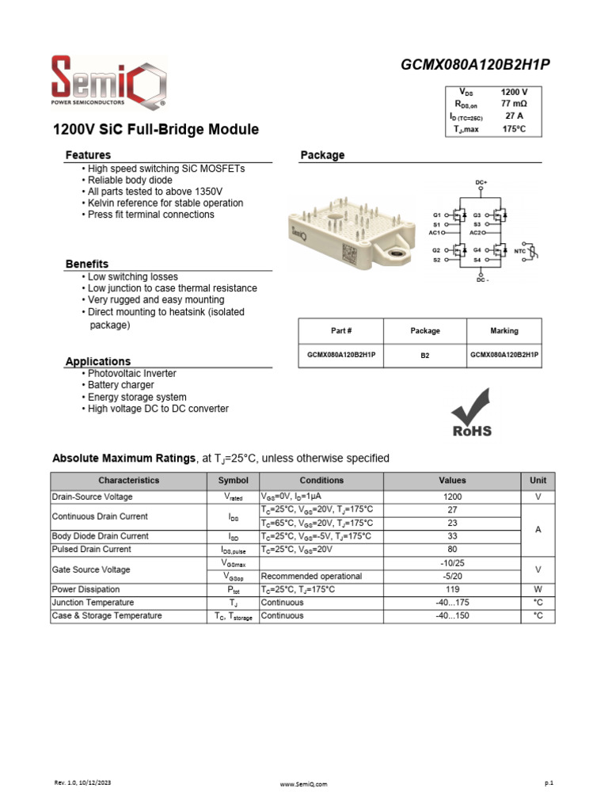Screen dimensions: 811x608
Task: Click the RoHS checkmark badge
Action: click(472, 412)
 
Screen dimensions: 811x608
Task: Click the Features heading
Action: click(88, 155)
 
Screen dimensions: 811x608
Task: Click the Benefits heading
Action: click(87, 264)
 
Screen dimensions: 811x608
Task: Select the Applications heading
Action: click(98, 361)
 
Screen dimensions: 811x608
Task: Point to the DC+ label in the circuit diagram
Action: click(481, 183)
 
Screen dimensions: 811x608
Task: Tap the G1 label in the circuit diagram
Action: click(436, 215)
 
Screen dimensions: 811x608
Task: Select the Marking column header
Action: click(504, 331)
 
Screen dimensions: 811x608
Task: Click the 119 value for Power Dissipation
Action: click(454, 589)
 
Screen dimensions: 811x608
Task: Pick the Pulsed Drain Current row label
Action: click(91, 549)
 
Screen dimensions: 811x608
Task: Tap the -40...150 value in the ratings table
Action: click(454, 615)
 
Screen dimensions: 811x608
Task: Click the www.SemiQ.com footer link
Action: click(304, 784)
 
